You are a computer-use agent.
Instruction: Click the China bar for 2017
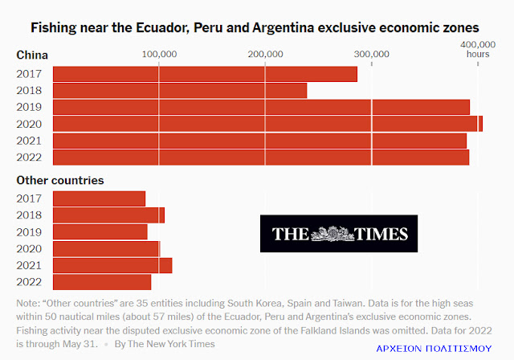pyautogui.click(x=205, y=74)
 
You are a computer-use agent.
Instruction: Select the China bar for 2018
pyautogui.click(x=180, y=91)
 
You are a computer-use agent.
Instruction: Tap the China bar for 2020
pyautogui.click(x=267, y=124)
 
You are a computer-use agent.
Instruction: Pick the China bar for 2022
pyautogui.click(x=261, y=157)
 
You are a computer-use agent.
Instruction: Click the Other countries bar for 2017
pyautogui.click(x=99, y=198)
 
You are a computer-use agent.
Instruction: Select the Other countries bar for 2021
pyautogui.click(x=112, y=265)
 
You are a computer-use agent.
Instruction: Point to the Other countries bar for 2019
pyautogui.click(x=100, y=231)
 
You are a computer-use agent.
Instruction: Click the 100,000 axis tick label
pyautogui.click(x=159, y=54)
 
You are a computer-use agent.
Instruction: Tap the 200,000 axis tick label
pyautogui.click(x=265, y=54)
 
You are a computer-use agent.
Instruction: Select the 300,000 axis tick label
pyautogui.click(x=371, y=54)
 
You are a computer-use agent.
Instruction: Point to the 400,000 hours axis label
pyautogui.click(x=477, y=49)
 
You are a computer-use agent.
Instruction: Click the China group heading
pyautogui.click(x=32, y=55)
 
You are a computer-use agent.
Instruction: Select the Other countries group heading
pyautogui.click(x=60, y=181)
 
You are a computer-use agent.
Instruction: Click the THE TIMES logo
pyautogui.click(x=339, y=234)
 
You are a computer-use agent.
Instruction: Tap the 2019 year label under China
pyautogui.click(x=28, y=107)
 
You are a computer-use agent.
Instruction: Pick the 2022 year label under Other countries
pyautogui.click(x=28, y=281)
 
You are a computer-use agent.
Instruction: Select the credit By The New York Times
pyautogui.click(x=164, y=343)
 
